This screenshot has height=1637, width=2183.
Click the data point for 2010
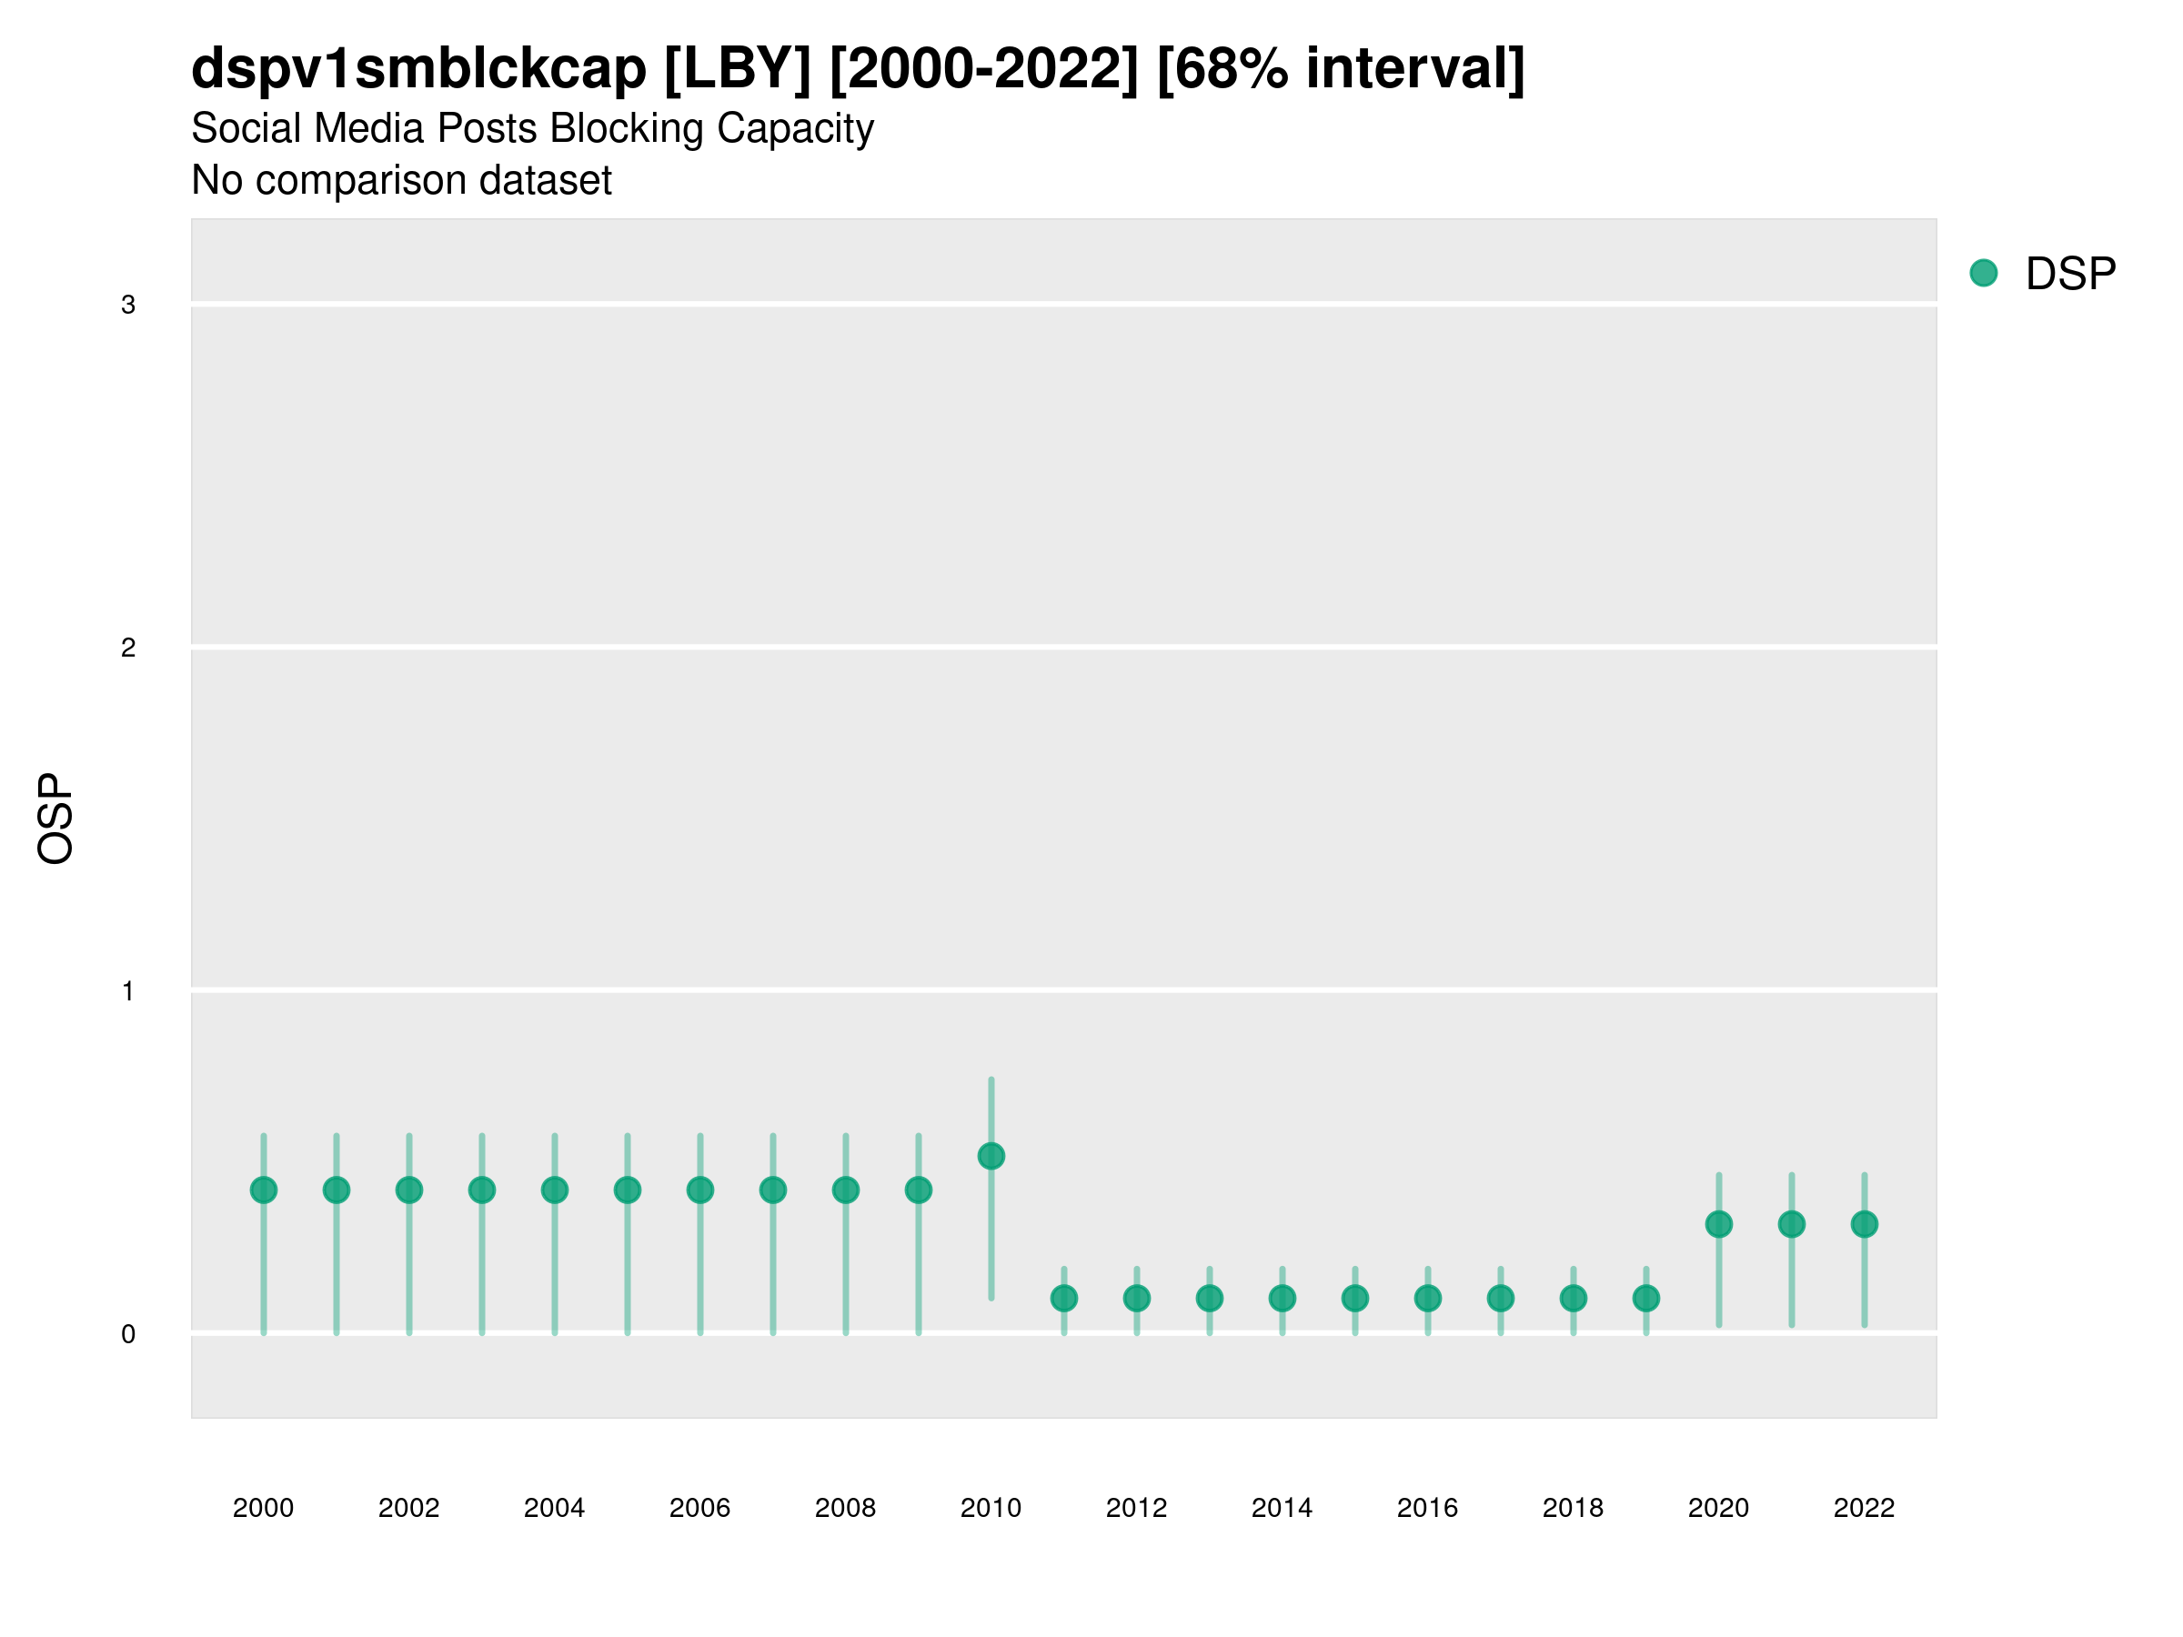991,1156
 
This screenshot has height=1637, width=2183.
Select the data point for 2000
264,1190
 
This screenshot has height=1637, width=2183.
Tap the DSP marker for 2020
1718,1224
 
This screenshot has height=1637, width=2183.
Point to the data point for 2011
1064,1299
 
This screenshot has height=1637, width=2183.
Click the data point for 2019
1646,1299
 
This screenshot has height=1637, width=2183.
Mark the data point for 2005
628,1190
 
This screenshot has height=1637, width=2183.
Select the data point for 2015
1355,1299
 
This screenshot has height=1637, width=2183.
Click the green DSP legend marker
1983,274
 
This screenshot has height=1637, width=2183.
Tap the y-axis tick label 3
128,305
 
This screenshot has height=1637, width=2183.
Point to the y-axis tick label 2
128,648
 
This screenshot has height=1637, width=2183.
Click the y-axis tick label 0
128,1335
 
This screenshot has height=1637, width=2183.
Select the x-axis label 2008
846,1508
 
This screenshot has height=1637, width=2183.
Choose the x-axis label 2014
1282,1508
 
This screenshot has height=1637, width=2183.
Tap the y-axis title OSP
56,819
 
